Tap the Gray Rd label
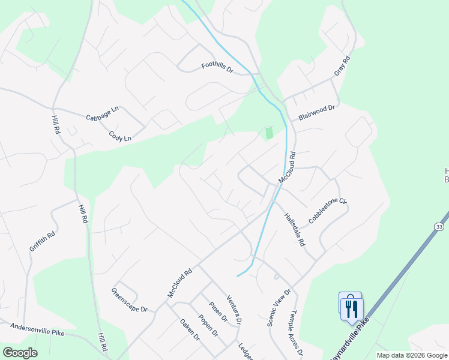point(342,67)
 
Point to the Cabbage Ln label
point(103,113)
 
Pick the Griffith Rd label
point(42,240)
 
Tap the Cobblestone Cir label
point(328,211)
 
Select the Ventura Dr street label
point(234,310)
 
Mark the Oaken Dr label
point(189,329)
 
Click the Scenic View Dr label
point(279,308)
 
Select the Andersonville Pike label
point(37,329)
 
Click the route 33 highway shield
point(440,226)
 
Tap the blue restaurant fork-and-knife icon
point(351,307)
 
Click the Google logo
point(19,353)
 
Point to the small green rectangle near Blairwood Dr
point(269,133)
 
